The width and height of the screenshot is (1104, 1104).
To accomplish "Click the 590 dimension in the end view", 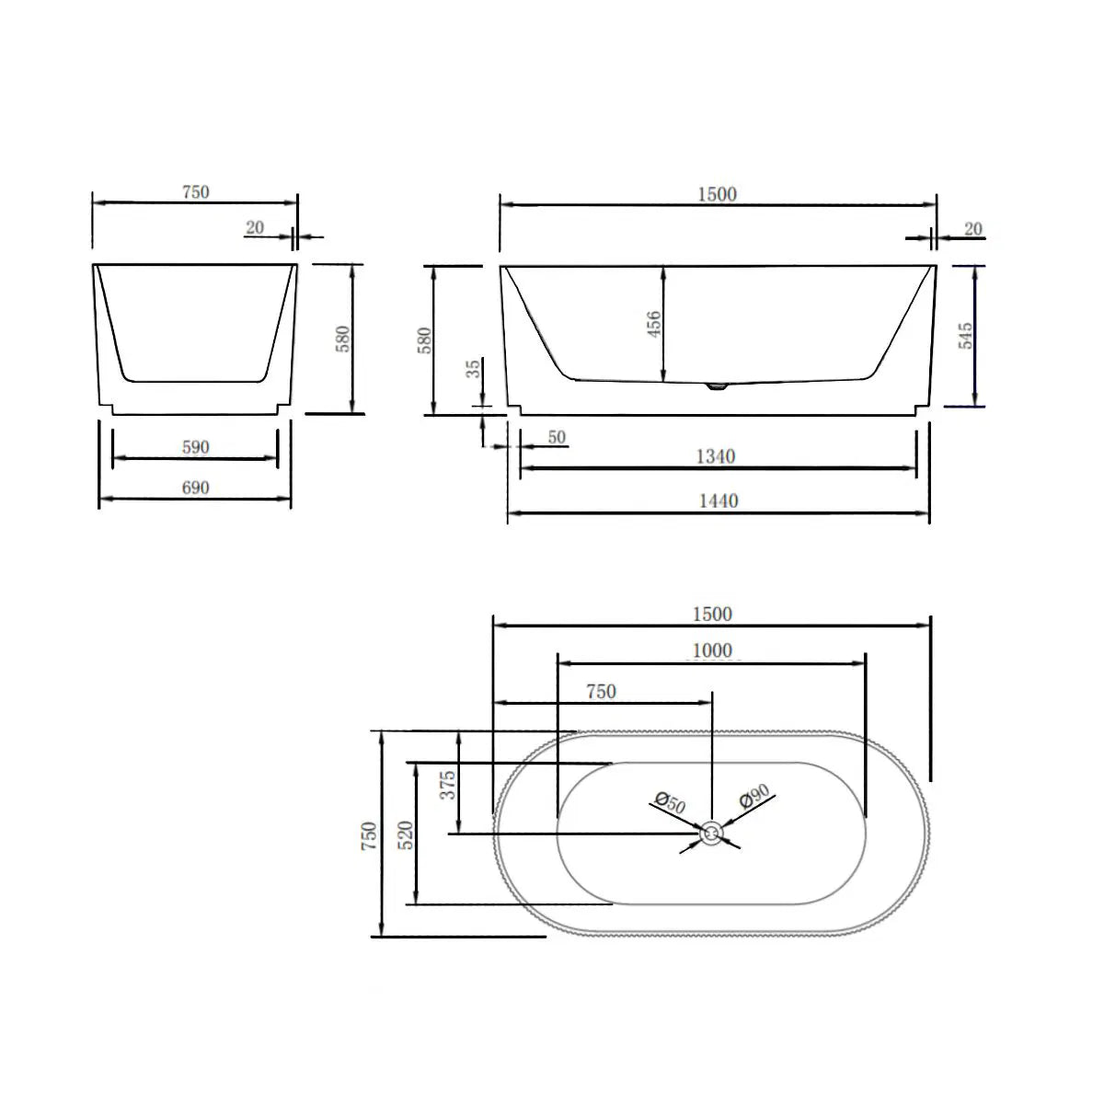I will [x=195, y=447].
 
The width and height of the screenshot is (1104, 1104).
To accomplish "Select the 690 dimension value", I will [x=195, y=488].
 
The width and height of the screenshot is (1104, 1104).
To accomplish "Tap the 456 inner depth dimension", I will [x=652, y=323].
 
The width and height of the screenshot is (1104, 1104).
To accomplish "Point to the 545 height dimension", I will [x=965, y=335].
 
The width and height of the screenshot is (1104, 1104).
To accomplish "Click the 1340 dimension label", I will [x=718, y=456].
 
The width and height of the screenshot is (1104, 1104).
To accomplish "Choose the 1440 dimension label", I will [x=718, y=500].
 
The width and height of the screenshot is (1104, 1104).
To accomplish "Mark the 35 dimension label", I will [x=474, y=369].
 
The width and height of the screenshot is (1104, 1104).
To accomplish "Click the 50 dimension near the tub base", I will [x=557, y=437].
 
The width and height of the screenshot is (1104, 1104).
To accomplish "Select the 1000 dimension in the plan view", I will [x=712, y=650].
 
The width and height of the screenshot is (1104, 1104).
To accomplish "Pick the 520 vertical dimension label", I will [x=407, y=834].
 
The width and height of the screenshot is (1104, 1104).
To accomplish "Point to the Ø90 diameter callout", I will [x=753, y=797].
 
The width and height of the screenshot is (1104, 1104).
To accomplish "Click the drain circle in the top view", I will [x=712, y=834].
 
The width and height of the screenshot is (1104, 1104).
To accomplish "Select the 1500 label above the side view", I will [x=718, y=194].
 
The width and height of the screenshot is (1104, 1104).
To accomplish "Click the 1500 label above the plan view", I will [x=712, y=614].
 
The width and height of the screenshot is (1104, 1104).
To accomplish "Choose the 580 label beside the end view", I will [x=343, y=339].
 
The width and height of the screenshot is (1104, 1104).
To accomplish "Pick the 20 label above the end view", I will [x=255, y=227].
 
